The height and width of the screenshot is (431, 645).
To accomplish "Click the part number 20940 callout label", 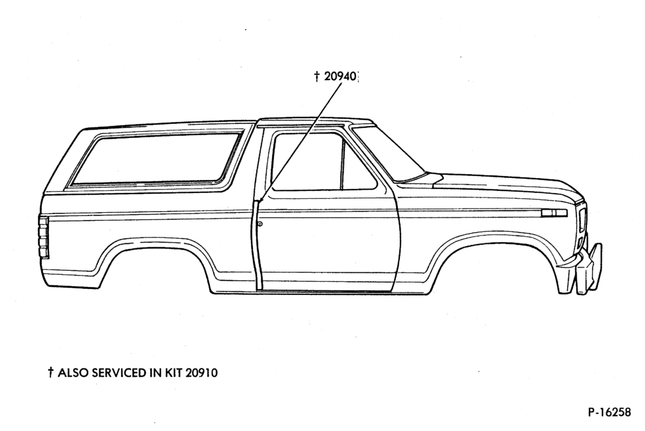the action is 340,76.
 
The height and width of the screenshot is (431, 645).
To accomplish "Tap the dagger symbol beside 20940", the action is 317,76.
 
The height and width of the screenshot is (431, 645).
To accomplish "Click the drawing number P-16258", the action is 610,412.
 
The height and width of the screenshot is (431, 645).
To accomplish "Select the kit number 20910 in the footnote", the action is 201,372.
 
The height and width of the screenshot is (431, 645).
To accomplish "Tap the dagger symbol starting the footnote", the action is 50,372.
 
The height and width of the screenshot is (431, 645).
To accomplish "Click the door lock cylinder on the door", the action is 261,223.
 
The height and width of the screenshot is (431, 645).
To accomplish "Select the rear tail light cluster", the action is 44,237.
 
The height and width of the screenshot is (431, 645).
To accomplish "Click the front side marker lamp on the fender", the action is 554,213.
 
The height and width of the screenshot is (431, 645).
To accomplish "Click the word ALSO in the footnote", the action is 74,372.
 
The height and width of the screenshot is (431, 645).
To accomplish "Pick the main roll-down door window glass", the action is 307,162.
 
